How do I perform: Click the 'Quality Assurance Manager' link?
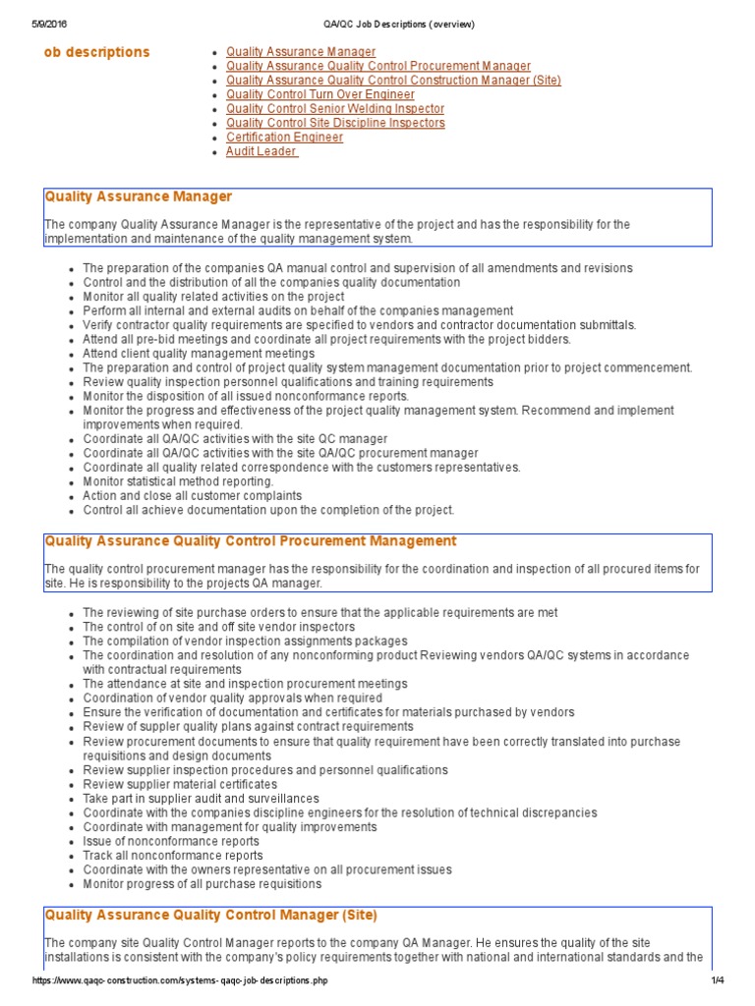[x=301, y=51]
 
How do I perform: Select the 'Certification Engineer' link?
[x=284, y=138]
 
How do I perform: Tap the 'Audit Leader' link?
[x=261, y=152]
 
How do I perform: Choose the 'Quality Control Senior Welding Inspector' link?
[x=335, y=109]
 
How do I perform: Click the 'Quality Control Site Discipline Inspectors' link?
[x=335, y=123]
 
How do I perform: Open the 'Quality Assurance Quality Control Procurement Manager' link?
[x=378, y=66]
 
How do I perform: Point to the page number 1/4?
[x=717, y=980]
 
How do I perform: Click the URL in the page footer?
[x=180, y=980]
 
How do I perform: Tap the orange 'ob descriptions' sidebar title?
[x=97, y=52]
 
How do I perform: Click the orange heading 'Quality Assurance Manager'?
[x=139, y=196]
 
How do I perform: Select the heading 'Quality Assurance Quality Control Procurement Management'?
[x=251, y=540]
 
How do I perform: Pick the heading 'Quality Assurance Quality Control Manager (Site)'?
[x=210, y=915]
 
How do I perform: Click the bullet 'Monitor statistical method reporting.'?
[x=178, y=481]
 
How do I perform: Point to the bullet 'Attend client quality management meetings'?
[x=199, y=353]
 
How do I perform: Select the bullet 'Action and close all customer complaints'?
[x=193, y=496]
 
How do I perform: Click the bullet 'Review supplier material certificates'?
[x=180, y=785]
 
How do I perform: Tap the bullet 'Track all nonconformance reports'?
[x=173, y=856]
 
